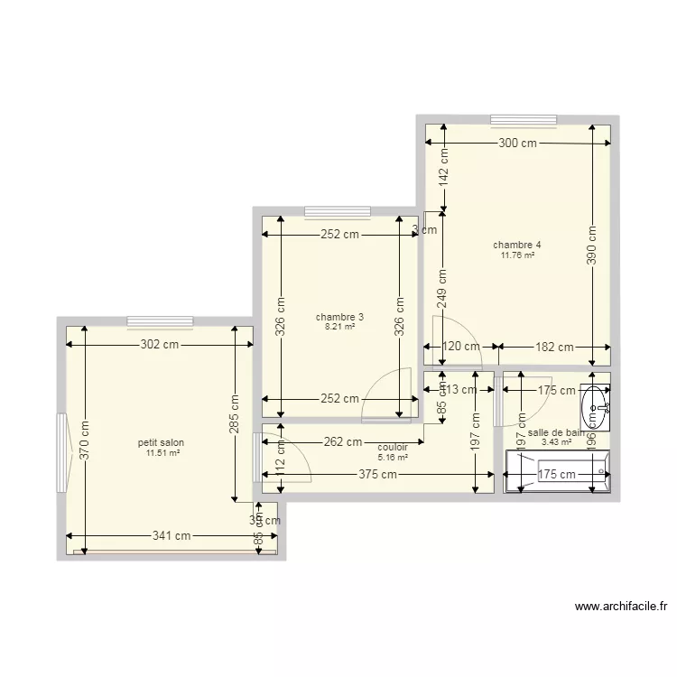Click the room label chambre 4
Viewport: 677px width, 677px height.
[517, 245]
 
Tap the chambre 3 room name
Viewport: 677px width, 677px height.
[339, 317]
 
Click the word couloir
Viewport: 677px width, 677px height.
[393, 447]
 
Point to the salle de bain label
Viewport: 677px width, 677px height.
[556, 433]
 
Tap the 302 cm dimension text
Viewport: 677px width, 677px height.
[157, 344]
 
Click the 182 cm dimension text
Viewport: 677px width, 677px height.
[552, 347]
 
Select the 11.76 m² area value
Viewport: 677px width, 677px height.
[517, 255]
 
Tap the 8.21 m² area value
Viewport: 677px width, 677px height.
[339, 327]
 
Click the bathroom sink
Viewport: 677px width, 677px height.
[596, 407]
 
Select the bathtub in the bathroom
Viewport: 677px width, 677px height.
[557, 473]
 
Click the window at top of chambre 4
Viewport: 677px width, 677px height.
[524, 119]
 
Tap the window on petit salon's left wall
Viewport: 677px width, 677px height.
[61, 452]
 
